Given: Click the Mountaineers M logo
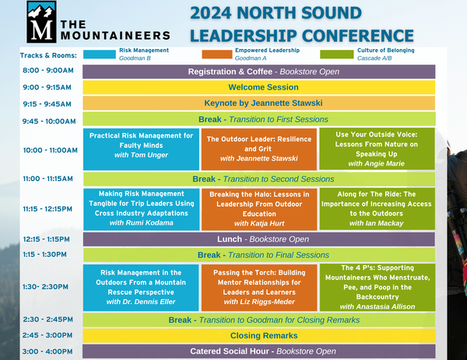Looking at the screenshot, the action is pos(41,22).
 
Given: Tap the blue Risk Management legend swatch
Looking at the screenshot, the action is pos(100,54).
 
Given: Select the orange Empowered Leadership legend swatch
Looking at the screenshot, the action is pos(217,54).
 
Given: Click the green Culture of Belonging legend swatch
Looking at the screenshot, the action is pos(336,54).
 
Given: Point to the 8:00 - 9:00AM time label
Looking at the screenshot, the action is pos(48,71).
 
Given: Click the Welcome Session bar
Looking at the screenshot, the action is pos(259,87).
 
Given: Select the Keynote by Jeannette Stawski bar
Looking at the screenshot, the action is pos(259,103).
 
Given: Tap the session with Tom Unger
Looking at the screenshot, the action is pos(141,149).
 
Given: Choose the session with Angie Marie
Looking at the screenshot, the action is pos(377,149).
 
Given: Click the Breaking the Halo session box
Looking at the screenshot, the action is pos(259,209).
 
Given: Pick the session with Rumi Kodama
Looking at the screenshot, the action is pos(141,209).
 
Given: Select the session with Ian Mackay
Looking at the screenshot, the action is pos(377,209).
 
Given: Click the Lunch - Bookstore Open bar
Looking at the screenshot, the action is pos(259,239).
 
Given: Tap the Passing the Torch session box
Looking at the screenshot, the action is pos(259,288).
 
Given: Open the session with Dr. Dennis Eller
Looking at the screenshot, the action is pos(141,288).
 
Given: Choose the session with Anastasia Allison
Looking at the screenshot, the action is pos(377,288).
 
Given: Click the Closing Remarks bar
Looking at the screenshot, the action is pos(259,336).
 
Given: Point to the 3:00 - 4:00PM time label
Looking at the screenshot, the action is pos(47,351).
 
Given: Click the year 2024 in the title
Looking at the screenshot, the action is pos(211,13).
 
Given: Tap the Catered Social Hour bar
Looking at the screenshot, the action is pos(259,351).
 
